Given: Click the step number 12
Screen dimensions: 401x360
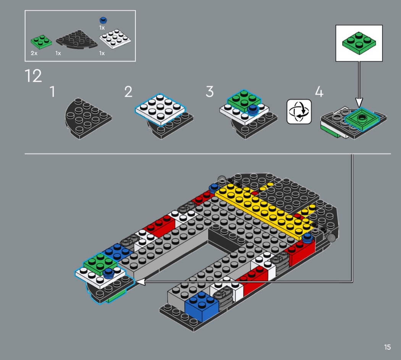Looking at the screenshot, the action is pyautogui.click(x=33, y=76).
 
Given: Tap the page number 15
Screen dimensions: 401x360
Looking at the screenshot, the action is pyautogui.click(x=387, y=347).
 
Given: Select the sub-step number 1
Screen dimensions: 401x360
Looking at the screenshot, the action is pyautogui.click(x=52, y=92).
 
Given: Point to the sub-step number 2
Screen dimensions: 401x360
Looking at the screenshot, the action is pyautogui.click(x=128, y=92).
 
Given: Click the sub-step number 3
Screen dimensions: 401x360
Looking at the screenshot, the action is pyautogui.click(x=209, y=92).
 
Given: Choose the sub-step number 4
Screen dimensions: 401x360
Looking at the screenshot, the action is pyautogui.click(x=319, y=92).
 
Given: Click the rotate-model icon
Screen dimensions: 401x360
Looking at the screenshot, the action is pyautogui.click(x=299, y=112).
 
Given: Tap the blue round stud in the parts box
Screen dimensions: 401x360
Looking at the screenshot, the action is pyautogui.click(x=103, y=20).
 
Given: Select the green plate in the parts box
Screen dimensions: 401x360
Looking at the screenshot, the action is pyautogui.click(x=41, y=42).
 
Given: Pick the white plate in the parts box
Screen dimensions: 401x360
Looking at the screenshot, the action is pyautogui.click(x=115, y=39).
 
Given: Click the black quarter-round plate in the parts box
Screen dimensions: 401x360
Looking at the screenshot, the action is pyautogui.click(x=76, y=40).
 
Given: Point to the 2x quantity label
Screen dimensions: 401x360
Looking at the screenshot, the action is pyautogui.click(x=34, y=53).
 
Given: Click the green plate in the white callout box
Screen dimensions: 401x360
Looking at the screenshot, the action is pyautogui.click(x=359, y=43).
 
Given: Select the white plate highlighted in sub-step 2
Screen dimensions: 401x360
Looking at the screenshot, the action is pyautogui.click(x=160, y=109).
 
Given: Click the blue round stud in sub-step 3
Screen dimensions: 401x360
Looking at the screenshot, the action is pyautogui.click(x=253, y=110).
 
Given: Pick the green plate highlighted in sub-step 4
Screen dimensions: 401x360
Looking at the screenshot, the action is pyautogui.click(x=361, y=118).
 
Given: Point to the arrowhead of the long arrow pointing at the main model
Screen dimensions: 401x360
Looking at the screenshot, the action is pyautogui.click(x=140, y=282).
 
